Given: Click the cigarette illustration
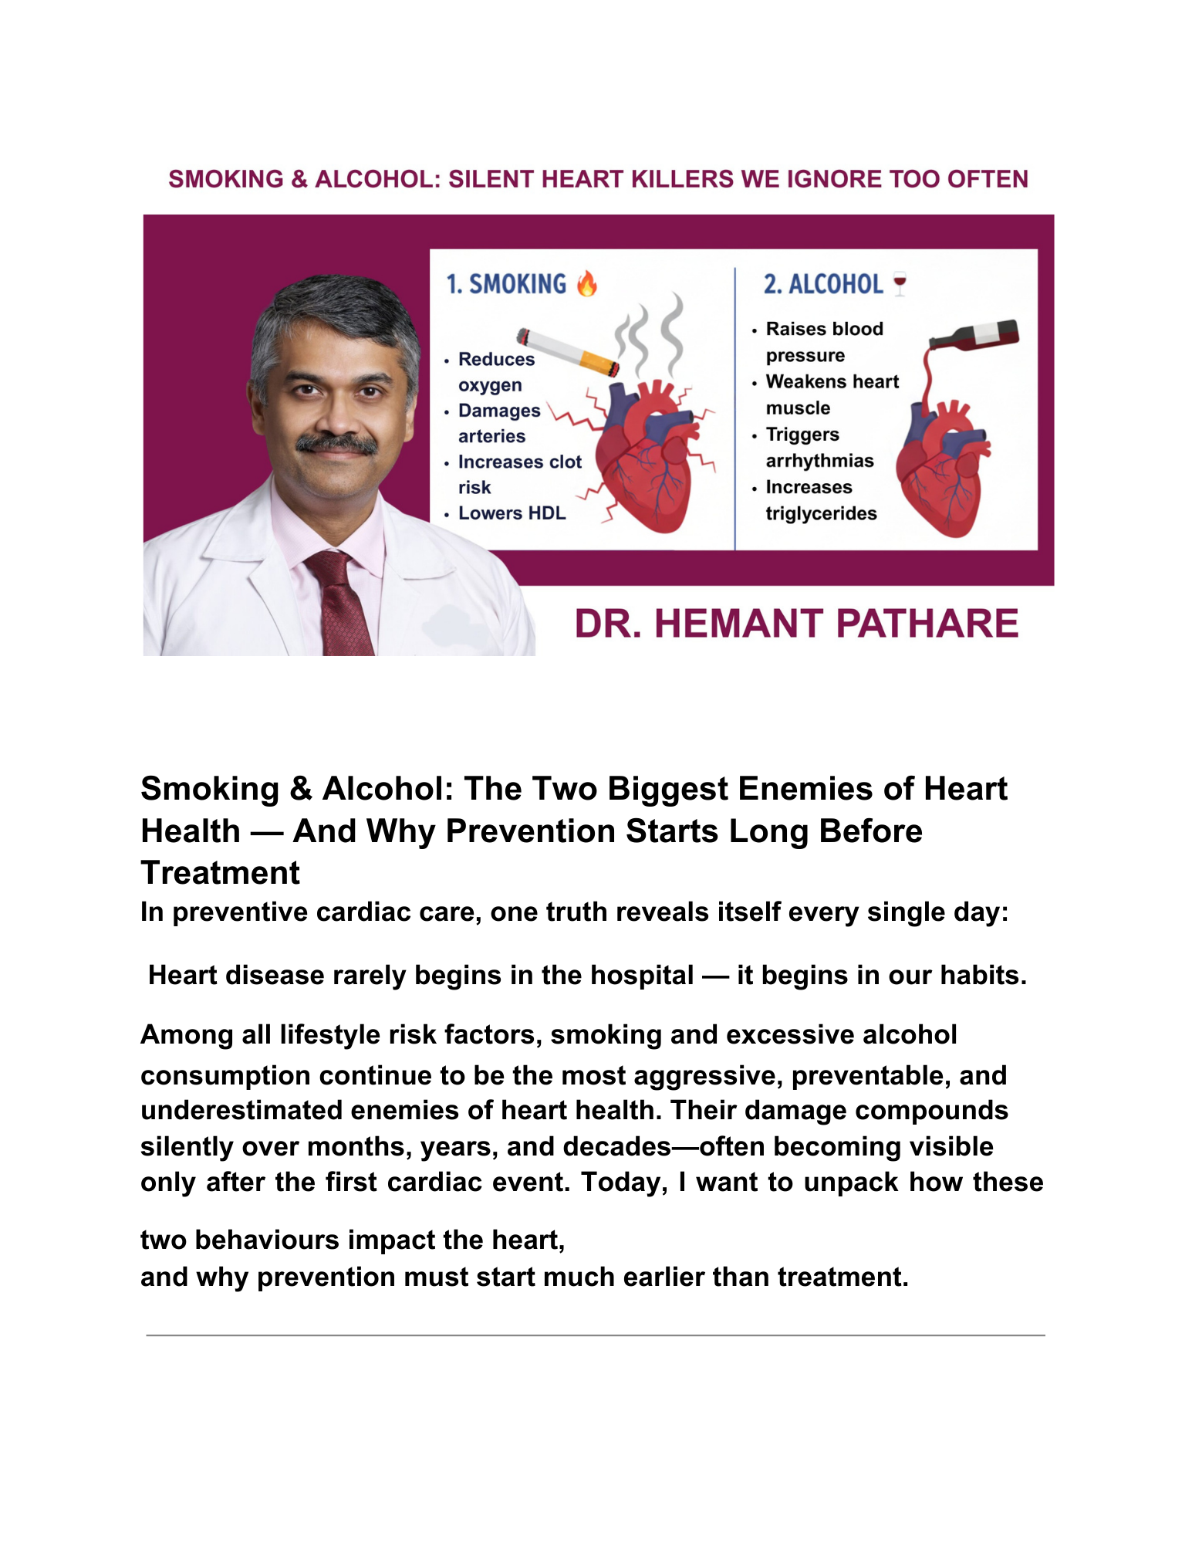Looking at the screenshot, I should click(x=568, y=352).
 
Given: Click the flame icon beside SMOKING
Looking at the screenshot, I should click(x=586, y=284).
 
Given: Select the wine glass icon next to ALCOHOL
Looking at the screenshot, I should click(x=900, y=284).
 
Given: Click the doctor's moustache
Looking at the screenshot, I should click(x=337, y=444).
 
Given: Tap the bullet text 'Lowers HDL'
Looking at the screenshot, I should click(x=512, y=513).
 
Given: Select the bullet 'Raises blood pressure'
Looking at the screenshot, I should click(x=823, y=342).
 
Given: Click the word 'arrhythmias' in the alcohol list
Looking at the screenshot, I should click(x=819, y=461).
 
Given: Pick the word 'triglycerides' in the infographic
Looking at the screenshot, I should click(x=821, y=513).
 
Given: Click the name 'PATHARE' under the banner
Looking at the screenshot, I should click(x=927, y=624).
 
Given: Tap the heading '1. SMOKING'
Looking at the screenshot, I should click(x=506, y=284).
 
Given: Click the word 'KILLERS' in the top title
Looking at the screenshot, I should click(x=683, y=179).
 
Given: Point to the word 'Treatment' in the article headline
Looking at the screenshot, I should click(x=220, y=873).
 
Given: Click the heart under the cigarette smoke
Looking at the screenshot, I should click(x=647, y=455).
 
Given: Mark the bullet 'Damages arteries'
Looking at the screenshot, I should click(x=498, y=423).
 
